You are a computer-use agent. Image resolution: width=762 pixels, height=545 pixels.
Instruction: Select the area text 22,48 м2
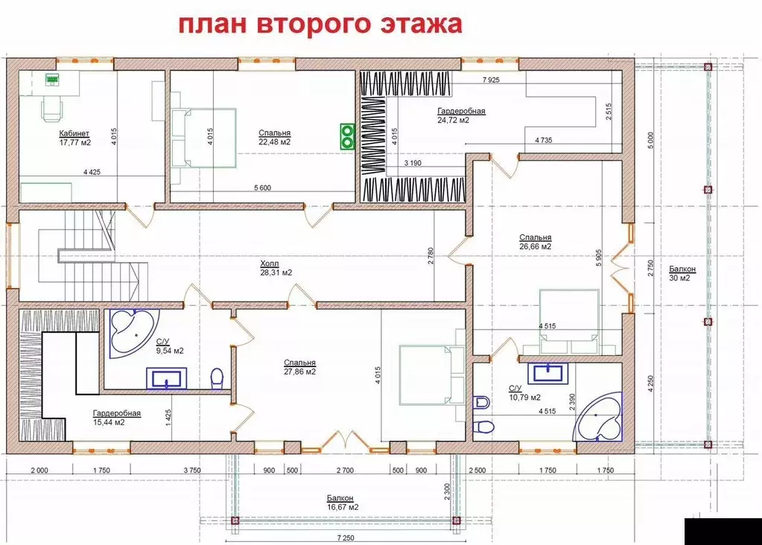274,141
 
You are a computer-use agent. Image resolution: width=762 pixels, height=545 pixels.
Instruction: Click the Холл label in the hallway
269,263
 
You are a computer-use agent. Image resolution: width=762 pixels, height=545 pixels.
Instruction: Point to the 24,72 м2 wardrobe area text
454,120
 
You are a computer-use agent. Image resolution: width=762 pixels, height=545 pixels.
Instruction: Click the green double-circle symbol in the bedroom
347,136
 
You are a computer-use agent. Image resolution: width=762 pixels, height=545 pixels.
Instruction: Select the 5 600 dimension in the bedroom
261,188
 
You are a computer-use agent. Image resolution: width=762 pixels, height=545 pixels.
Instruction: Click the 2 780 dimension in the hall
431,257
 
